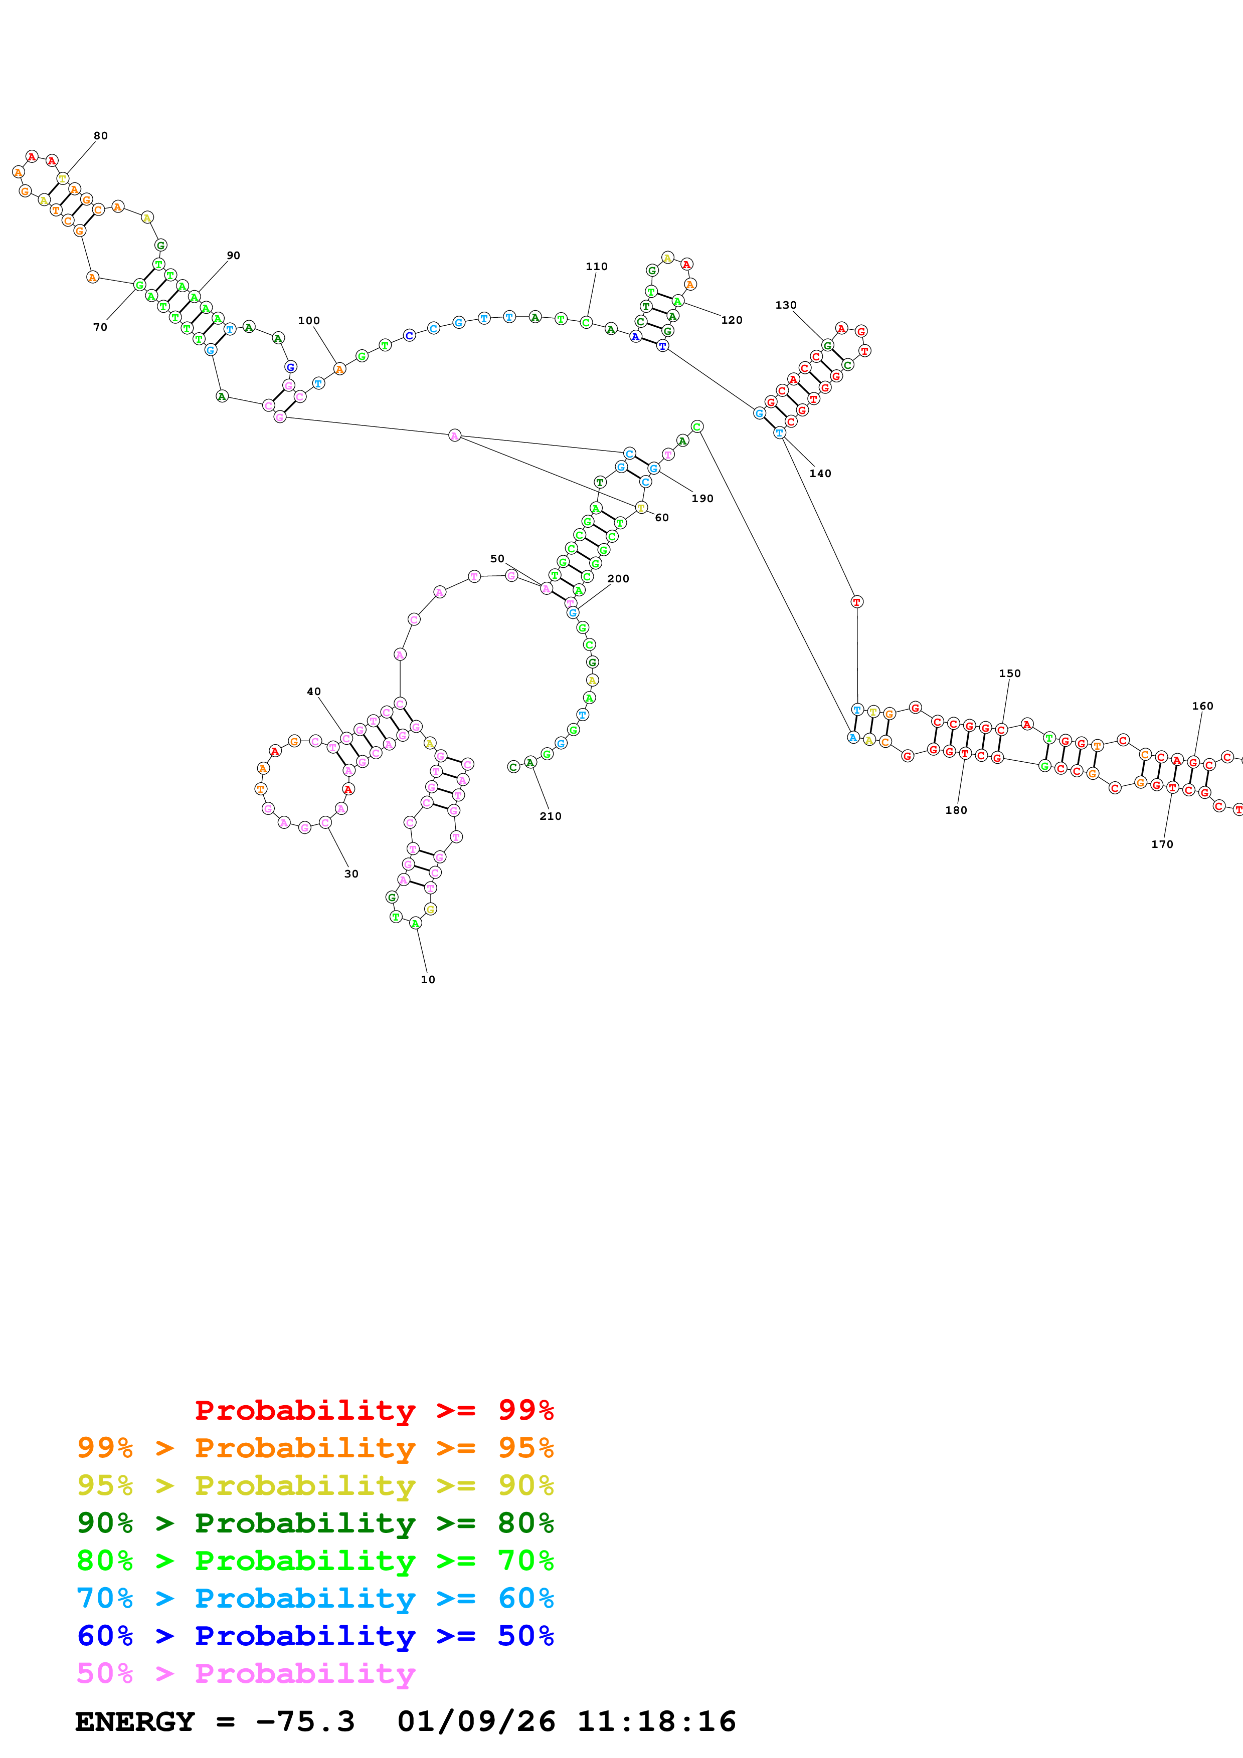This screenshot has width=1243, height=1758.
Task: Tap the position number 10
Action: pos(427,979)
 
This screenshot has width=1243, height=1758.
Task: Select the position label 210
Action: pos(550,816)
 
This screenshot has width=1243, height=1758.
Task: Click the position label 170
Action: pos(1161,844)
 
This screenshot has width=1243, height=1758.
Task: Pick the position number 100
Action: pos(309,321)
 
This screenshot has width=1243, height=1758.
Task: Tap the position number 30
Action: pos(351,873)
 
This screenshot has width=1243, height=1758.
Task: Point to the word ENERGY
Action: pos(135,1721)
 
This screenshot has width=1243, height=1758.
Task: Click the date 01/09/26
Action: pos(476,1721)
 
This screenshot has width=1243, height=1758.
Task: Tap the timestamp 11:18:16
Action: pos(656,1721)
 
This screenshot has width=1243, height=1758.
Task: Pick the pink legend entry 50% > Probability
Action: pos(246,1673)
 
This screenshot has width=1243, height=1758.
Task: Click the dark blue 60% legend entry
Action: pos(315,1636)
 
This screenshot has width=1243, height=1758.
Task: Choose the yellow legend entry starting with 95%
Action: pos(315,1485)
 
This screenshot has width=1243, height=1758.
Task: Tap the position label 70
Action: pos(100,327)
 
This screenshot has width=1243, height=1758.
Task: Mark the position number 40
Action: pos(313,692)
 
